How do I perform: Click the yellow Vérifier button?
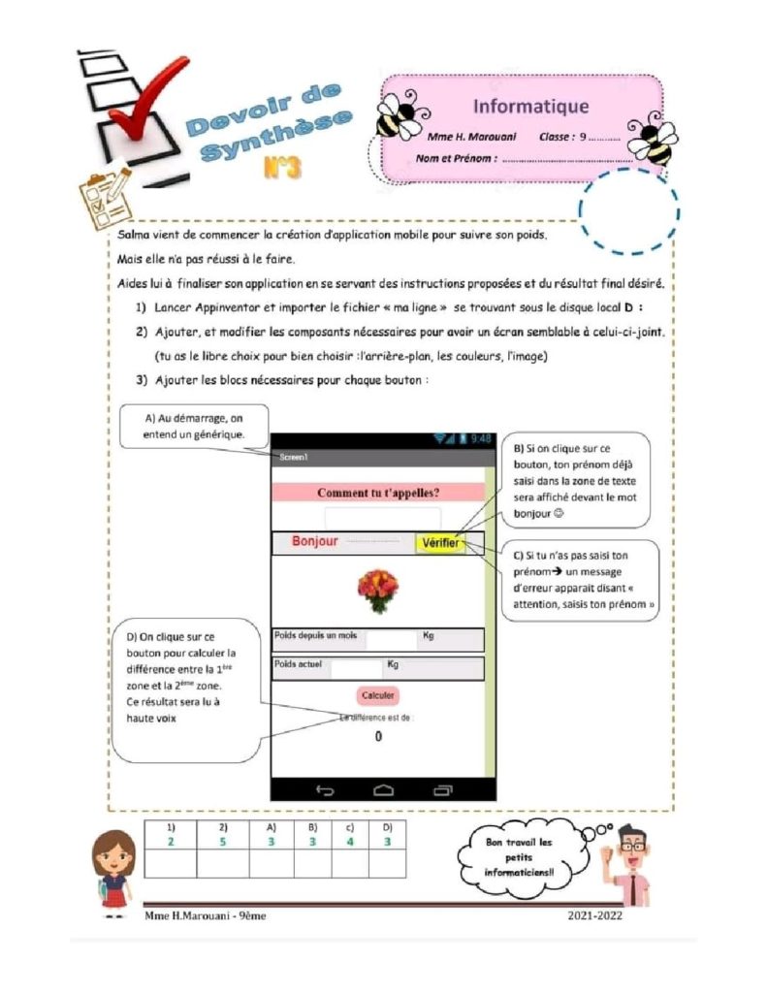(x=439, y=543)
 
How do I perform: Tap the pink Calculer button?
(x=378, y=695)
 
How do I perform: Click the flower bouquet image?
(x=377, y=590)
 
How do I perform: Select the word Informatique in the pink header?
(x=530, y=106)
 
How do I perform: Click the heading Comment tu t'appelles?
(x=378, y=493)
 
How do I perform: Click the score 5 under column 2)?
(x=222, y=841)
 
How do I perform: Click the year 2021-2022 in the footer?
(x=595, y=915)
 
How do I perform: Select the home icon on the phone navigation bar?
(x=384, y=790)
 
